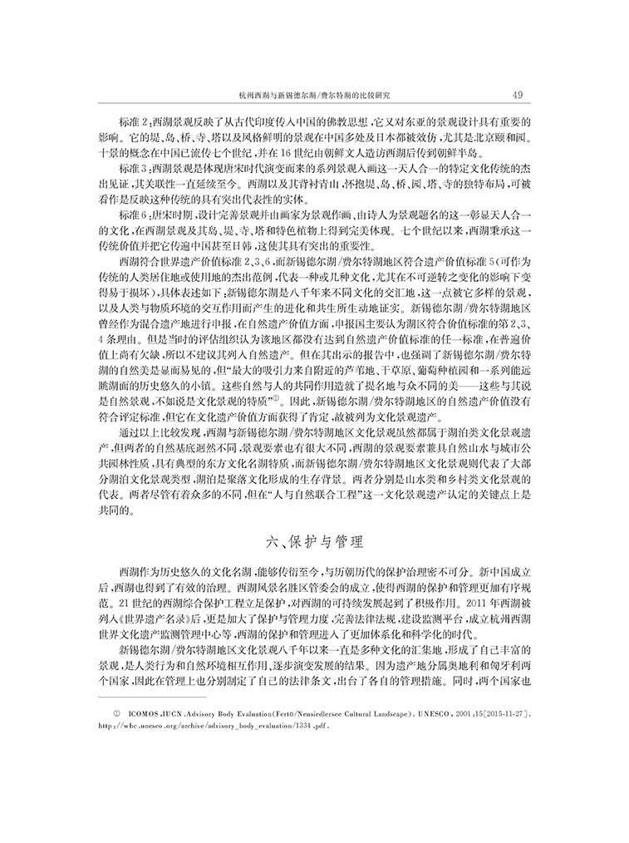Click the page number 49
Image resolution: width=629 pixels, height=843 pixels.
pos(517,94)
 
